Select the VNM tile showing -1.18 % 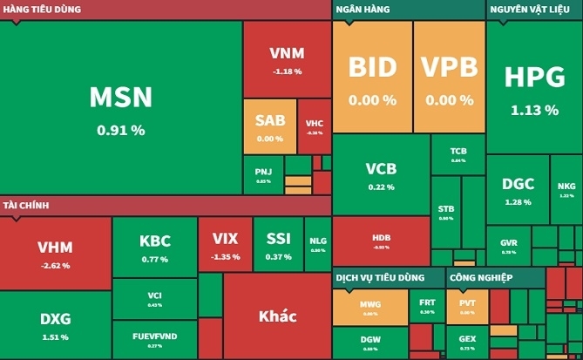pos(286,59)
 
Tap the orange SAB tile pos(269,126)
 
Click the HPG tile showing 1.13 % pos(533,87)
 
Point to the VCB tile pos(381,174)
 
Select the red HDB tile pos(381,240)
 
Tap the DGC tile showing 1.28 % pos(517,190)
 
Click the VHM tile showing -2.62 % pos(55,253)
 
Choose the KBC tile pos(154,248)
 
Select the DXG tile pos(55,324)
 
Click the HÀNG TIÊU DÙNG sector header pos(43,9)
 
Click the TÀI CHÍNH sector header pos(25,206)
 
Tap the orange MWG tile pos(370,308)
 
